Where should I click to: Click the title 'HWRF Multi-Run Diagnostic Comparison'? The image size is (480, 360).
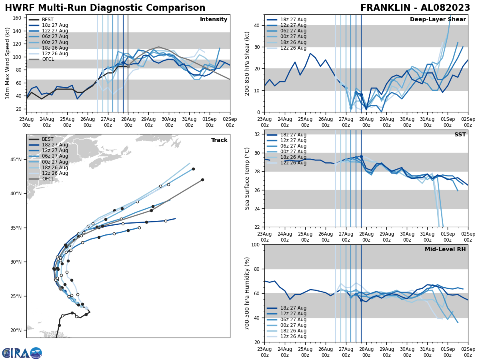[105, 8]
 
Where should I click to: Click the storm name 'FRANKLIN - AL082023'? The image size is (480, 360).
[415, 8]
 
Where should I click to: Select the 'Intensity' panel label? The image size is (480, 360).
[214, 20]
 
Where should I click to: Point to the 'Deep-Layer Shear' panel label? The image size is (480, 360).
[438, 20]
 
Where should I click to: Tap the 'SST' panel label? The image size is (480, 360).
[460, 135]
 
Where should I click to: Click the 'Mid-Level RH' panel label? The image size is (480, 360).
[445, 250]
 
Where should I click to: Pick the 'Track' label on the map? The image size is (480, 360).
[219, 140]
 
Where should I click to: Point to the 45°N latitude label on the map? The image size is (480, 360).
[16, 160]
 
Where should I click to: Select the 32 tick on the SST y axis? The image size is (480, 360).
[258, 134]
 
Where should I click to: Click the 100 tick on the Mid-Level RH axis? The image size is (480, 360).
[256, 244]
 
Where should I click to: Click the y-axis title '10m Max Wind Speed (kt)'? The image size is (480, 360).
[8, 63]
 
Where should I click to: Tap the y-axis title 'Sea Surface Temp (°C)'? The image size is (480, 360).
[247, 178]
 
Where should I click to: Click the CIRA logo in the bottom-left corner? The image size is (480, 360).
[22, 353]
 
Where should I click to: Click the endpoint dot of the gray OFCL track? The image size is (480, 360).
[202, 180]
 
